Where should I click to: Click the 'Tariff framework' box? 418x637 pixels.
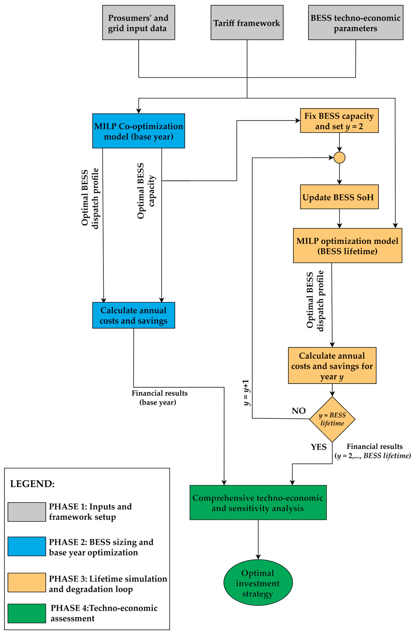[247, 22]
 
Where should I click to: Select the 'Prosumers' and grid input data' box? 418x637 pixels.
[139, 22]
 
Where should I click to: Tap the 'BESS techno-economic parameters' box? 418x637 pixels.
[356, 22]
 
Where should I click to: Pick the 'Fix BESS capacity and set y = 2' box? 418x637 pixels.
[339, 120]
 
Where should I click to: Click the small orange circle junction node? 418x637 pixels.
[339, 158]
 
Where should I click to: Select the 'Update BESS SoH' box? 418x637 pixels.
[339, 197]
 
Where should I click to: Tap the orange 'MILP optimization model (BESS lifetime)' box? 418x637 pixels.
[348, 245]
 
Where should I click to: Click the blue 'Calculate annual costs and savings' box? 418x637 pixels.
[134, 315]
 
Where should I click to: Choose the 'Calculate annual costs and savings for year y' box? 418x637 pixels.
[332, 366]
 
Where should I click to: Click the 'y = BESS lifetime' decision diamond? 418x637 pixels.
[332, 419]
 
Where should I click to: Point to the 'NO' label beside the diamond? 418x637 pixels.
[298, 411]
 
